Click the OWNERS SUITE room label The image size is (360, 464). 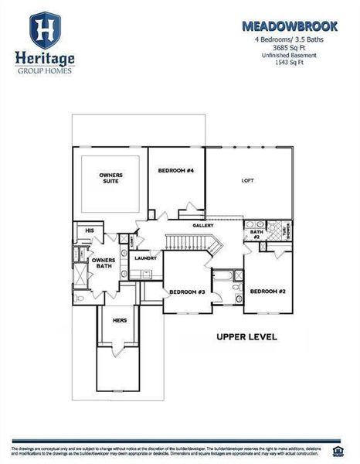(x=111, y=179)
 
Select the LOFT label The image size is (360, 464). (x=248, y=179)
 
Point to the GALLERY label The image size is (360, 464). (x=203, y=225)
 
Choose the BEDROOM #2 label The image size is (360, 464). (x=268, y=291)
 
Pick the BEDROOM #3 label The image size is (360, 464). (x=187, y=292)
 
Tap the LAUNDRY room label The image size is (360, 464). (x=145, y=258)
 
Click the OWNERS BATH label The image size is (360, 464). (x=104, y=264)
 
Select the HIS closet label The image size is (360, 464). (x=90, y=230)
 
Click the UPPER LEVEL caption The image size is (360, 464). (x=246, y=338)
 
